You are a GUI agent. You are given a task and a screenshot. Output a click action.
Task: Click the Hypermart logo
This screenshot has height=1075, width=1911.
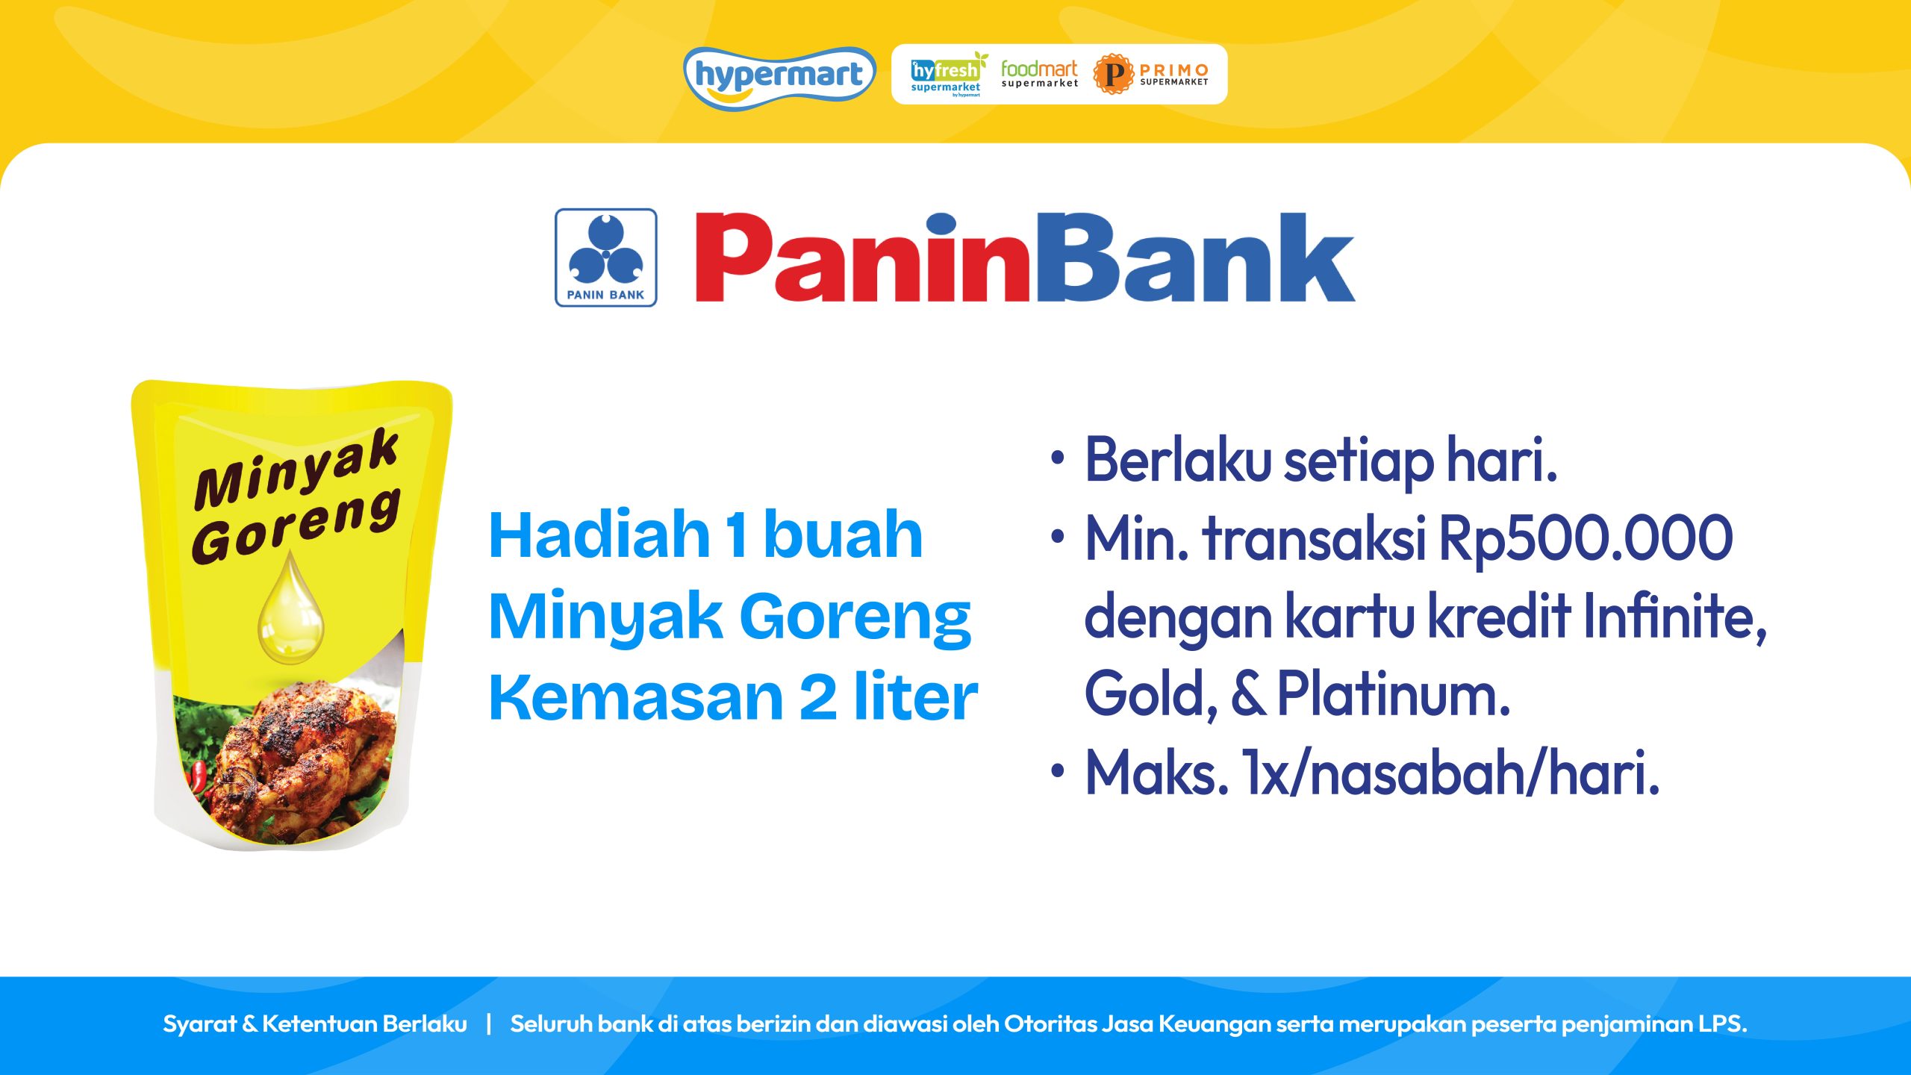(x=779, y=77)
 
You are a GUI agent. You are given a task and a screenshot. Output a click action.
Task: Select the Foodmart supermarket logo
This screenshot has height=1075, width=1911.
(x=1039, y=74)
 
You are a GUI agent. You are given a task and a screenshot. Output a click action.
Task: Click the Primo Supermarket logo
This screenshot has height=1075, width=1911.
(x=1151, y=74)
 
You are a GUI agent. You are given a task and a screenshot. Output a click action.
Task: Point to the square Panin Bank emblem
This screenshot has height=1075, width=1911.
(x=605, y=258)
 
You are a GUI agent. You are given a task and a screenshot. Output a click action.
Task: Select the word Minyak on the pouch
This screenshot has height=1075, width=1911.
(x=296, y=469)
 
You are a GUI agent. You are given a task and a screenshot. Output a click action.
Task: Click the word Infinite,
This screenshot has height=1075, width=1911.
(x=1675, y=617)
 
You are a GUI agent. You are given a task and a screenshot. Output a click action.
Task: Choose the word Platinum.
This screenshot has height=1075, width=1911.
(x=1394, y=694)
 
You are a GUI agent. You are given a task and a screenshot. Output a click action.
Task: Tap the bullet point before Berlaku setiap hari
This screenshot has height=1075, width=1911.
(x=1057, y=458)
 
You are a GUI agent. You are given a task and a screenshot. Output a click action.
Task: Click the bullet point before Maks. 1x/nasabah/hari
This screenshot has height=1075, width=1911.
(x=1057, y=771)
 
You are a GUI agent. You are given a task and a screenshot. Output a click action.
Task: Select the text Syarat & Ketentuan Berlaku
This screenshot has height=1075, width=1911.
(x=315, y=1023)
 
